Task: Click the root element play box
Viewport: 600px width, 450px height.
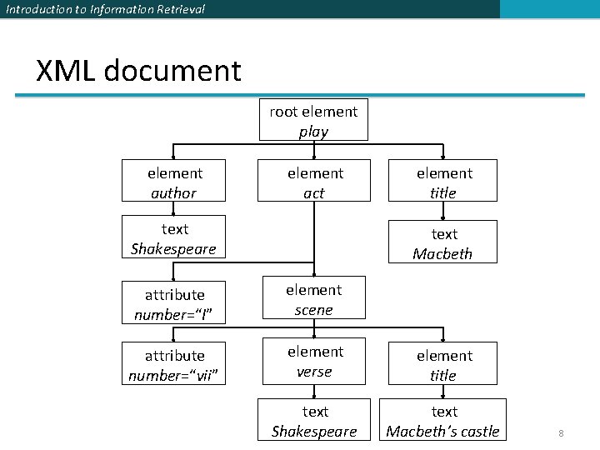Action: (x=313, y=122)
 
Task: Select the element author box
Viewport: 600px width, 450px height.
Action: (x=173, y=182)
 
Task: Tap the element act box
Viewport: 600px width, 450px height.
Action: (x=314, y=182)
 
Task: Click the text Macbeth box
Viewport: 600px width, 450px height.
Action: (x=442, y=242)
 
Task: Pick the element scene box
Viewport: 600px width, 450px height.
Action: (x=313, y=299)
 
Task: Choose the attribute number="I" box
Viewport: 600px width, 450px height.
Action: (x=173, y=304)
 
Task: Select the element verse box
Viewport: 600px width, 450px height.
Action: (x=313, y=362)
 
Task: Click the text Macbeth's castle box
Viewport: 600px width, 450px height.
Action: (x=443, y=421)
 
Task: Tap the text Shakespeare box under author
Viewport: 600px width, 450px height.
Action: (x=173, y=238)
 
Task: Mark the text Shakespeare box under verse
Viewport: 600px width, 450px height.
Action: (x=314, y=421)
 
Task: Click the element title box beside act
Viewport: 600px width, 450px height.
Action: (x=442, y=182)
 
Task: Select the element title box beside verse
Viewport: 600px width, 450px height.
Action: (x=442, y=365)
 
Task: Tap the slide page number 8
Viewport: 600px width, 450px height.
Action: (x=561, y=433)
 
